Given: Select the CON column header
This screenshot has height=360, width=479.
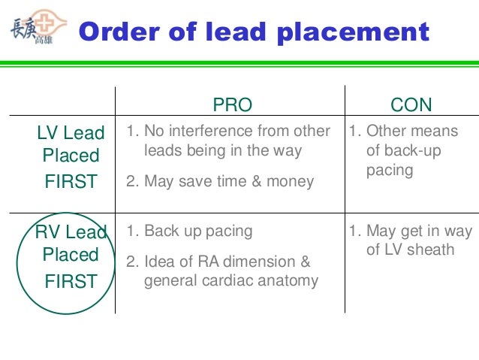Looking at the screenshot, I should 411,104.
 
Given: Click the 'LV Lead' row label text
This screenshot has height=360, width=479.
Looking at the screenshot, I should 71,133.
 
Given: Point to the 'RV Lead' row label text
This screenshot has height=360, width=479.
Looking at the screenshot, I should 71,232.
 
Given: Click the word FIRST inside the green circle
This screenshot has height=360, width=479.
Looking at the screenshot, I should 71,281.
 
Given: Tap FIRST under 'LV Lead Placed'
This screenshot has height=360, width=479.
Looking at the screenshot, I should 71,181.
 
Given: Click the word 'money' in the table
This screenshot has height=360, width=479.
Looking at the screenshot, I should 293,180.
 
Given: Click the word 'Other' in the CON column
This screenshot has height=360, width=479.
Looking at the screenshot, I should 386,131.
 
